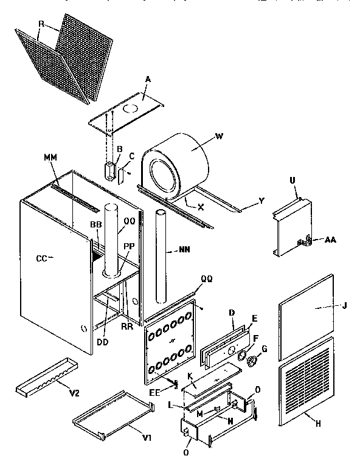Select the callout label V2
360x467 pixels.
click(74, 393)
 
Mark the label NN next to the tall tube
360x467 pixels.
click(184, 249)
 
